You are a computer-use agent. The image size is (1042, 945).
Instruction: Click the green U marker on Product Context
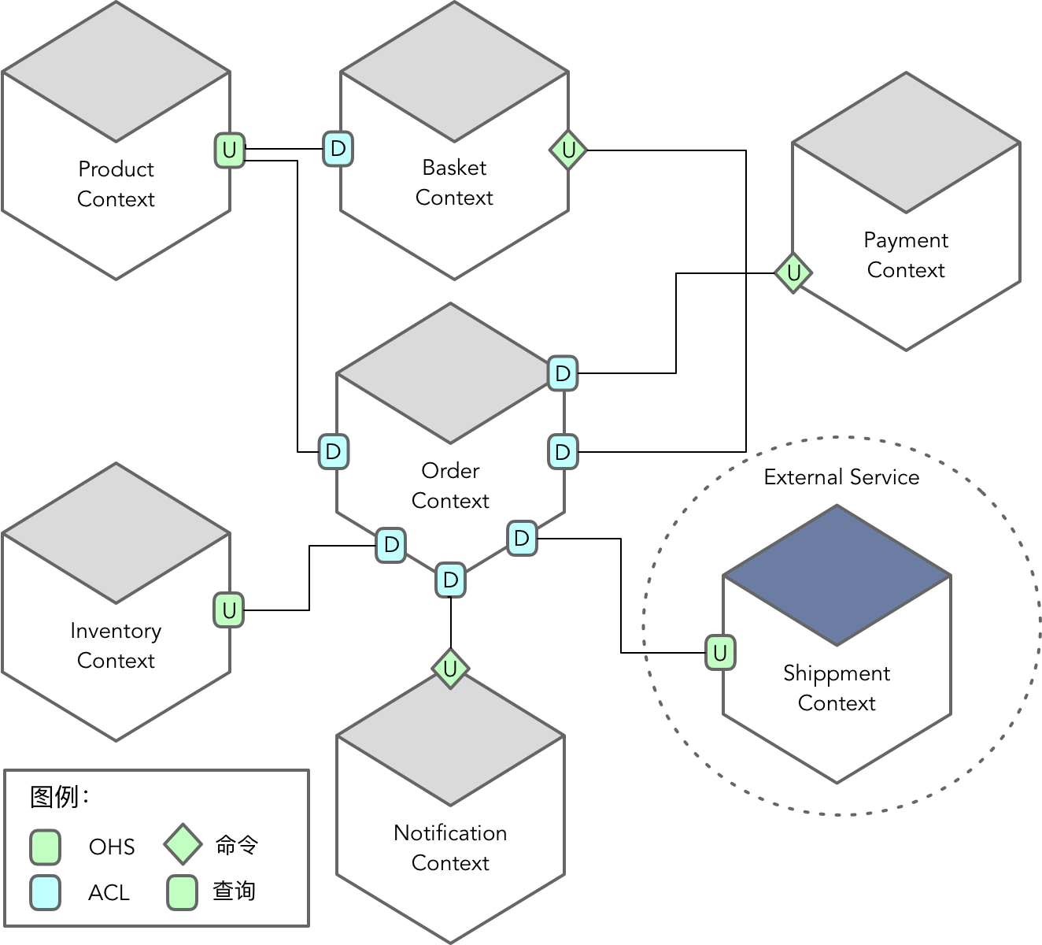(x=229, y=150)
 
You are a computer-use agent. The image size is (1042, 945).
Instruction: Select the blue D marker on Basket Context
(x=338, y=149)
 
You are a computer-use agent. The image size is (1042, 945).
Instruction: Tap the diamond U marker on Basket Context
(x=568, y=150)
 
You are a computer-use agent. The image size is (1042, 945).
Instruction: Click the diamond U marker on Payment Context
(x=793, y=273)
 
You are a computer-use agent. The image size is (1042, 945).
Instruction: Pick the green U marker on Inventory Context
(x=229, y=610)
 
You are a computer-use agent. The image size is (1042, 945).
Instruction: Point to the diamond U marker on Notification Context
(x=450, y=669)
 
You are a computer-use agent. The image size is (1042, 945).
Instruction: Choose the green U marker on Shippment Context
(x=720, y=653)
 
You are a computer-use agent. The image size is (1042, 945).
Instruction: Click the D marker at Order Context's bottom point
(x=450, y=580)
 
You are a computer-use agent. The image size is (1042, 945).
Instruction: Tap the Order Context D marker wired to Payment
(x=563, y=373)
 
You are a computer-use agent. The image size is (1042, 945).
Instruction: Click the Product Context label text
(x=116, y=184)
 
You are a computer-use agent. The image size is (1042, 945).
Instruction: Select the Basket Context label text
(x=454, y=183)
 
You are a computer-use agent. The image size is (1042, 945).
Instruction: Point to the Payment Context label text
(x=906, y=255)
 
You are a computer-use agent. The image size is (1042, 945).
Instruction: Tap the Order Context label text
(x=450, y=486)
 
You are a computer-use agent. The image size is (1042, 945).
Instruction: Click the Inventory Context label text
(x=116, y=646)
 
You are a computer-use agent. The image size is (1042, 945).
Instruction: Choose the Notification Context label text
(x=450, y=848)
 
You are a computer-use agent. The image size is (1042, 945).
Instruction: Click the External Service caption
(x=841, y=477)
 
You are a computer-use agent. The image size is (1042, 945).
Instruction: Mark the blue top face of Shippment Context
(x=837, y=576)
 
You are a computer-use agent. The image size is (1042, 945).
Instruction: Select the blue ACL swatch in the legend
(x=46, y=892)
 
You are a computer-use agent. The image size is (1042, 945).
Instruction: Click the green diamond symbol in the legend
(x=183, y=845)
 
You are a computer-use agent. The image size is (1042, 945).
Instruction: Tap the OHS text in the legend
(x=112, y=847)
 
